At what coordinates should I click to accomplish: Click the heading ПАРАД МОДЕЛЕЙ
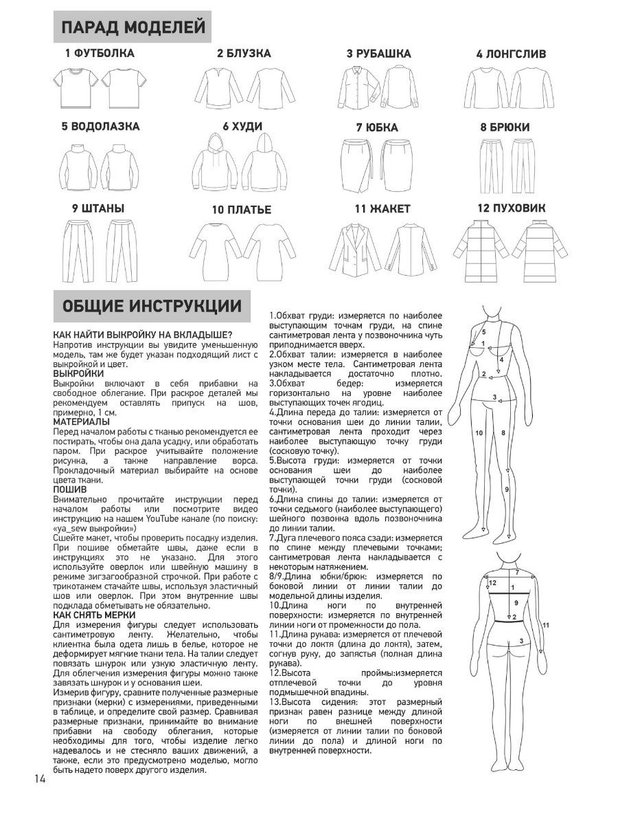(133, 27)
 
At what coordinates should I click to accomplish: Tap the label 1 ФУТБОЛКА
(100, 53)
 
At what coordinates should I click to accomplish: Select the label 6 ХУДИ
(239, 127)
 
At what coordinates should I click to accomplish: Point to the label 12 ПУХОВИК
(512, 208)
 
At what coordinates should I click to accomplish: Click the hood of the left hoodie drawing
(212, 144)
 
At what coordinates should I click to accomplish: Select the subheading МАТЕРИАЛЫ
(81, 420)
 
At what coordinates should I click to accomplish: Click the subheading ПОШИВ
(69, 489)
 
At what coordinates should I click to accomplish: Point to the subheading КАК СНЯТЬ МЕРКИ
(94, 614)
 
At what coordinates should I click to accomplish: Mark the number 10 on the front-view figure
(479, 432)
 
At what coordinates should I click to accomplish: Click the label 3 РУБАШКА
(378, 54)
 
